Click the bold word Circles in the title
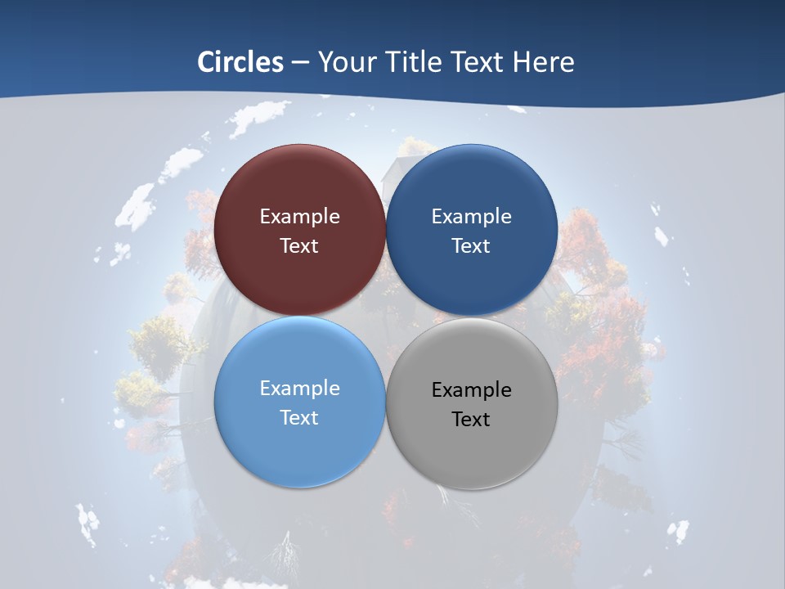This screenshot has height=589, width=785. click(240, 62)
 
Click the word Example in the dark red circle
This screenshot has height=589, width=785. click(299, 217)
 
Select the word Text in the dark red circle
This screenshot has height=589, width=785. click(299, 246)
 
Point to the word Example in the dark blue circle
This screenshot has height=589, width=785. click(471, 217)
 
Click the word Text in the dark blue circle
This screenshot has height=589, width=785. click(471, 246)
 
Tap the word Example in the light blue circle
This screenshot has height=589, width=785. click(299, 389)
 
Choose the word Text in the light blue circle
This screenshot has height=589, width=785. click(299, 418)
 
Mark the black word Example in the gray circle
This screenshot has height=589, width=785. click(471, 390)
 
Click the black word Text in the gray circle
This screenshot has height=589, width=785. click(471, 420)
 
